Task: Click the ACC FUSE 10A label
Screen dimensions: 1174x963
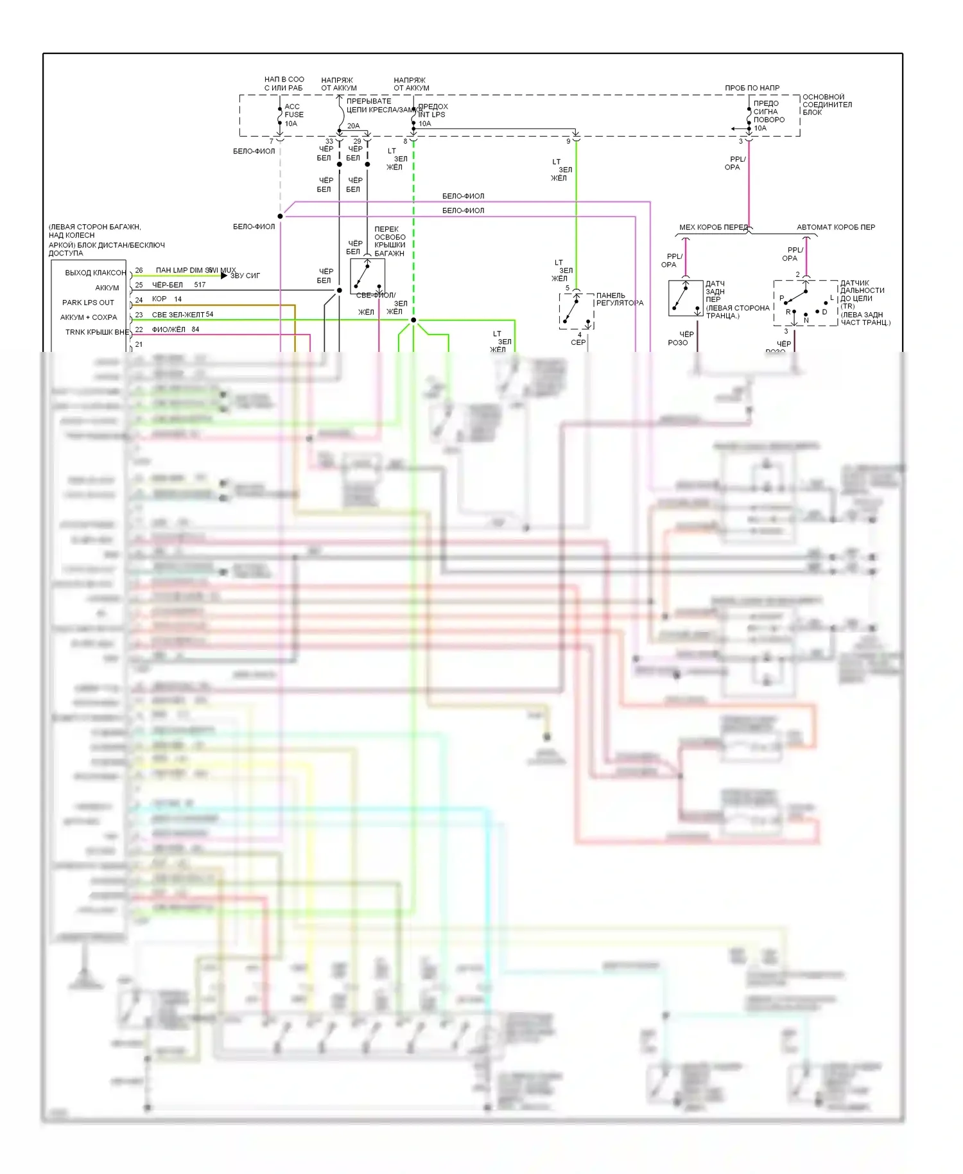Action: (x=293, y=115)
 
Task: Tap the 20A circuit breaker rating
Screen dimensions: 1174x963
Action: (x=353, y=126)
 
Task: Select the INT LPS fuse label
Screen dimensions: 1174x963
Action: (x=431, y=115)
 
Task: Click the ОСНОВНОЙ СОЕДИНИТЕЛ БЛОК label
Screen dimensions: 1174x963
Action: (x=827, y=105)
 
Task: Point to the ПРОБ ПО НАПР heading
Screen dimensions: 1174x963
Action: (x=752, y=88)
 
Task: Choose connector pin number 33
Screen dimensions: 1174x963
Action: (x=329, y=141)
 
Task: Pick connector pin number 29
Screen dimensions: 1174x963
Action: (x=357, y=141)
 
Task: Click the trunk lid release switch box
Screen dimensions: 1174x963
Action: (x=367, y=276)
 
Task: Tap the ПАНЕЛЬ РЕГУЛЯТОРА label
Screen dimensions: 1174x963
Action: (x=619, y=299)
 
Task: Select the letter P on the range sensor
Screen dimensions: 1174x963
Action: (x=781, y=298)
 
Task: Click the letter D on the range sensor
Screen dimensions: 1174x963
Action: (x=824, y=312)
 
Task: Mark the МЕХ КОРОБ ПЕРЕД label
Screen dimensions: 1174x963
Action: (x=713, y=227)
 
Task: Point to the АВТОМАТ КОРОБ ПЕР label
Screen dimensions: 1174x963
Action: (x=835, y=227)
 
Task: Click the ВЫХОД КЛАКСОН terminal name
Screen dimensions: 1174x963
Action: (x=95, y=273)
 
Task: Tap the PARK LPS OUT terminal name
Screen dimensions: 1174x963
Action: (x=88, y=302)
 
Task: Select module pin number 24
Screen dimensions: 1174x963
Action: (x=139, y=300)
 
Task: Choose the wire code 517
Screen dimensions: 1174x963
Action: (x=200, y=285)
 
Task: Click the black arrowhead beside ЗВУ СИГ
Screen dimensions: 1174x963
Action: (x=224, y=276)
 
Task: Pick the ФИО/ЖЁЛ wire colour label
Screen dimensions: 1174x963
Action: (x=168, y=329)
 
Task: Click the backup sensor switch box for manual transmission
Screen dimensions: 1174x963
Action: (x=685, y=298)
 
